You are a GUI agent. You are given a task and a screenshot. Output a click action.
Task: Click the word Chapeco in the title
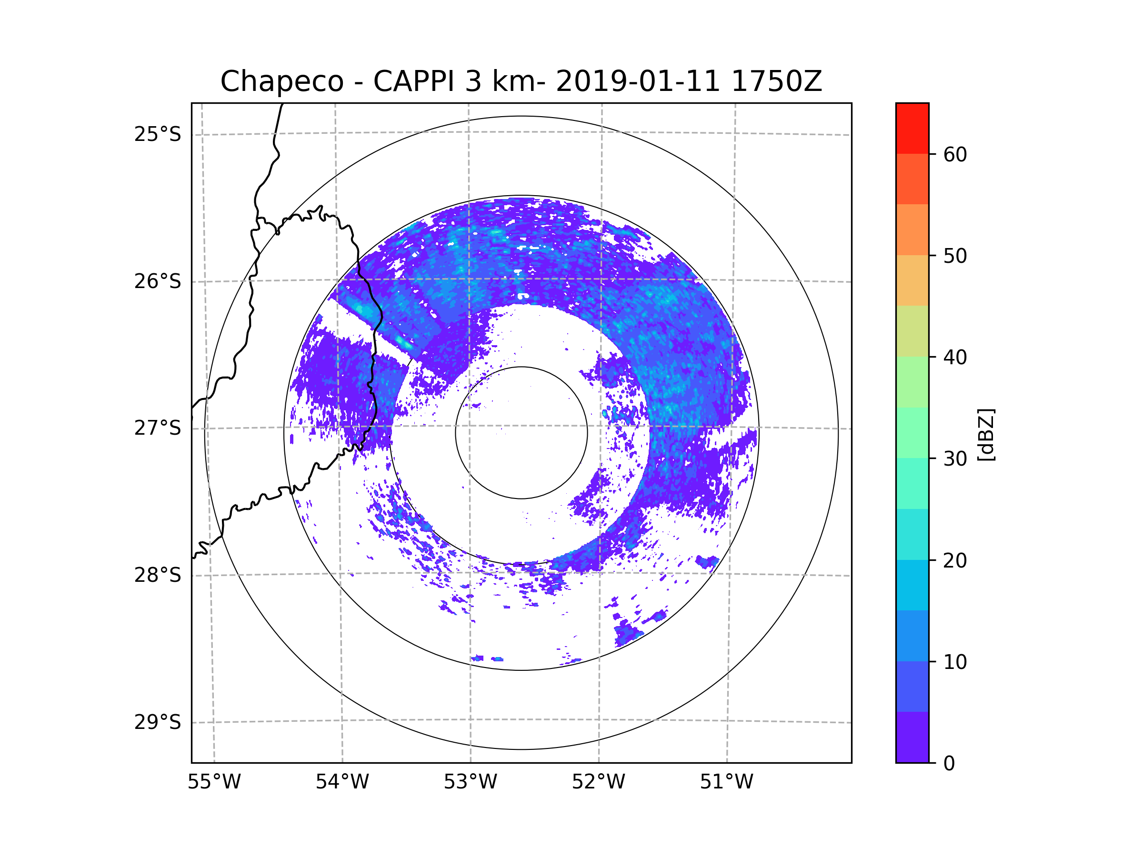click(x=281, y=81)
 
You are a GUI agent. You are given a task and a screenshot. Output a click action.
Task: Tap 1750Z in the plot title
click(x=776, y=81)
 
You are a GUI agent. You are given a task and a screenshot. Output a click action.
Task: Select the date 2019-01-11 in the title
click(x=638, y=81)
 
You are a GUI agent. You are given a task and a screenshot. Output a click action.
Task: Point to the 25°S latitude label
click(x=158, y=134)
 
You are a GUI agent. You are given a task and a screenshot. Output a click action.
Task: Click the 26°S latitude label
click(x=158, y=281)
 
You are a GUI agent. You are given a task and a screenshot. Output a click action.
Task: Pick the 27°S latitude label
click(x=158, y=428)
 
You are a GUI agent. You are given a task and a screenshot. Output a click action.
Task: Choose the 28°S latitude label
click(x=158, y=575)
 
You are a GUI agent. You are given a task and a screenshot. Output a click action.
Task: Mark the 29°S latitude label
click(x=158, y=722)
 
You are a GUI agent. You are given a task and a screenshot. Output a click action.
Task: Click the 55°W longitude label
click(x=214, y=782)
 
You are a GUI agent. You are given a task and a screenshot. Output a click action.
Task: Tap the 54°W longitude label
click(x=342, y=782)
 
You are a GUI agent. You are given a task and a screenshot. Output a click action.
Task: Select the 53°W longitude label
click(x=470, y=782)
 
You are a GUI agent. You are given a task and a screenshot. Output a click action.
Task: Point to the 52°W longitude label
click(x=598, y=782)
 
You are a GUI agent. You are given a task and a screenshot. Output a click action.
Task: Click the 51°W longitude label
click(x=726, y=782)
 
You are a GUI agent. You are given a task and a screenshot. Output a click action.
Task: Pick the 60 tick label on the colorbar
click(x=955, y=154)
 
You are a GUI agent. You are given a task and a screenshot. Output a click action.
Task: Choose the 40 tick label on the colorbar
click(x=955, y=358)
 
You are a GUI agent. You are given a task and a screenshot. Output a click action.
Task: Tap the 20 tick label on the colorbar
click(x=955, y=560)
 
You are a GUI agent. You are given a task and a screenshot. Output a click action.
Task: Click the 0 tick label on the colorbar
click(x=949, y=764)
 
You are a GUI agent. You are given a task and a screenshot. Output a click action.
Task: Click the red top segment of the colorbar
click(x=912, y=128)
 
